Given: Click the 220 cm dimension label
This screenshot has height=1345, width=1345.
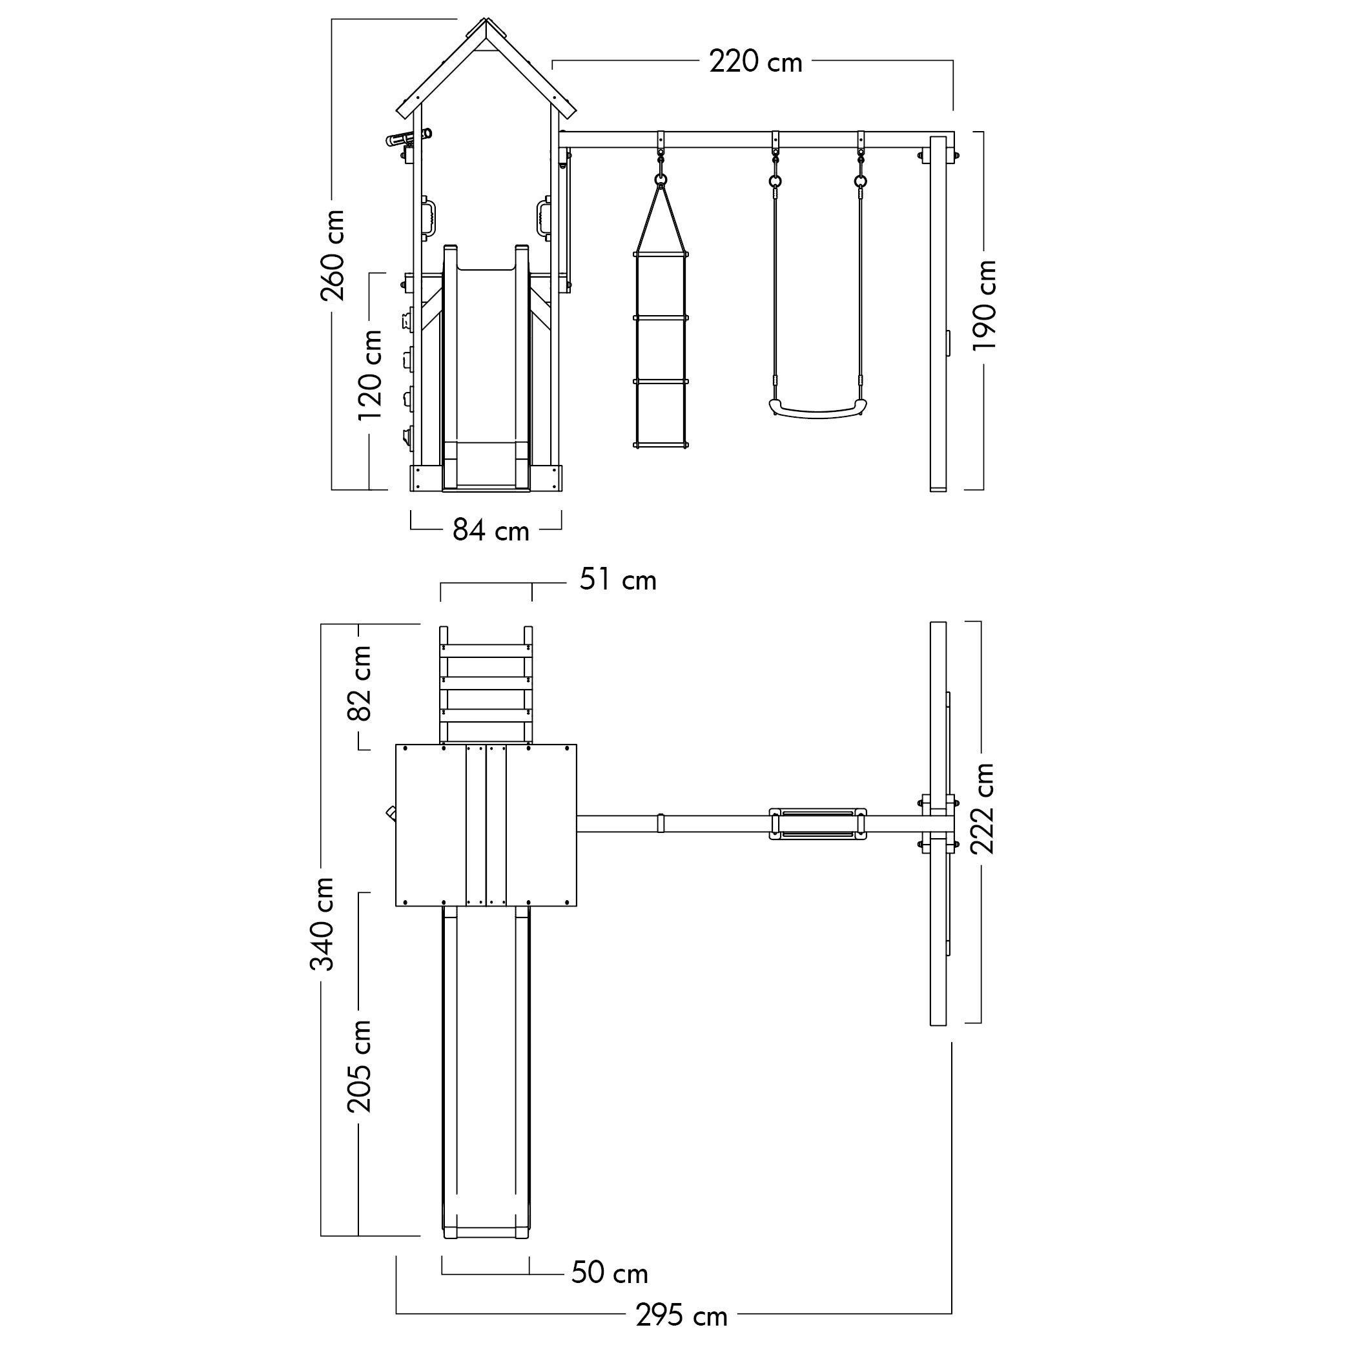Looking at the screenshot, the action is (755, 62).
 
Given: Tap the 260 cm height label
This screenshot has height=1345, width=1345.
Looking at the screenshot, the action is (333, 255).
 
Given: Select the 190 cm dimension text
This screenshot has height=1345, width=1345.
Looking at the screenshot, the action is (985, 305).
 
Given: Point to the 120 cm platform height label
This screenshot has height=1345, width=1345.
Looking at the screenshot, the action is (370, 375).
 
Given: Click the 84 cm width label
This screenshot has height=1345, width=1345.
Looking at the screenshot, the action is (491, 531).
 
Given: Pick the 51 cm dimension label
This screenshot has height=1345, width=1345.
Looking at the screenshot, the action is (618, 580).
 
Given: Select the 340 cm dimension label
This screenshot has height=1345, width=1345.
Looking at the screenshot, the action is (322, 924).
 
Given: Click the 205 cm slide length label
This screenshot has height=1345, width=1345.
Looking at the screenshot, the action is (359, 1066).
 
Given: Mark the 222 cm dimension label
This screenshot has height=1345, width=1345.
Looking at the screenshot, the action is (982, 808).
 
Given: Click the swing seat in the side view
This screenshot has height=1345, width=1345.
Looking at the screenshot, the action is (818, 408).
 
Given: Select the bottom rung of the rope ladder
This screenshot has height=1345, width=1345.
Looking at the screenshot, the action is (661, 444).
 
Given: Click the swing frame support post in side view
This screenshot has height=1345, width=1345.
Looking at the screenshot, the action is (938, 314).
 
